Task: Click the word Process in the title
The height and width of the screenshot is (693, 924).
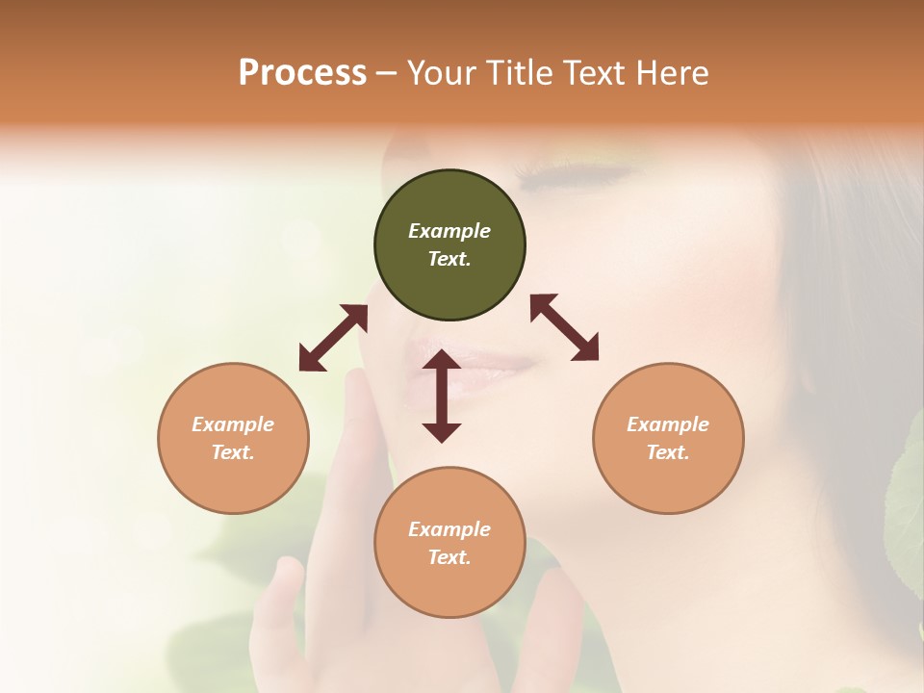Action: tap(302, 73)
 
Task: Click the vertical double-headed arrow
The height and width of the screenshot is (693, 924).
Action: tap(442, 397)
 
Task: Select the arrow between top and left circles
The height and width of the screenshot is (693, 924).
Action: tap(333, 338)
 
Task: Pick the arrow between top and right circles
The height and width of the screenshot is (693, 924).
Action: tap(564, 327)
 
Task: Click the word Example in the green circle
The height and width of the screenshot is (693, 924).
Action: tap(449, 231)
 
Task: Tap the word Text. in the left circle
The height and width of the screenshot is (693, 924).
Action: tap(233, 452)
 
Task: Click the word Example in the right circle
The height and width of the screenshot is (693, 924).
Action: tap(668, 424)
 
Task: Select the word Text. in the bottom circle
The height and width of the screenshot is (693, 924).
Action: tap(449, 557)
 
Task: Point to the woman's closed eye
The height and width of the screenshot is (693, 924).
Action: tap(577, 178)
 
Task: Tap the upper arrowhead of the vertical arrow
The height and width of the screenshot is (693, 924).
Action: tap(442, 361)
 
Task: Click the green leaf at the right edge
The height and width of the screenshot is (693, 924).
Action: tap(907, 510)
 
